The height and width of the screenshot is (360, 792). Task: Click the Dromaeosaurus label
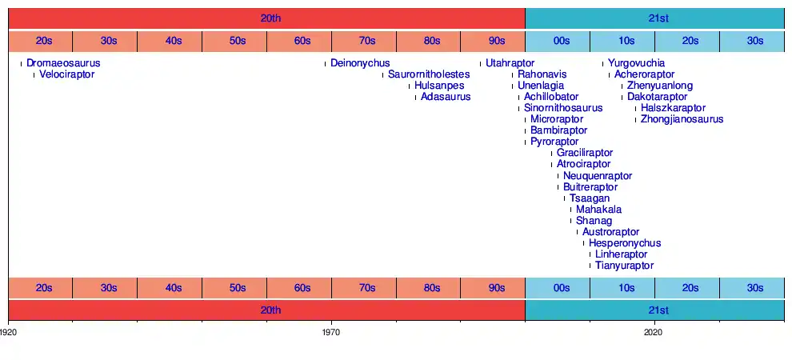(63, 63)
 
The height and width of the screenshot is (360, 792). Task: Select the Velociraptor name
(67, 74)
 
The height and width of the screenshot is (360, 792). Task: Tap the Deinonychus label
(360, 63)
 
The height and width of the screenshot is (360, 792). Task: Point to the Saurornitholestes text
(429, 74)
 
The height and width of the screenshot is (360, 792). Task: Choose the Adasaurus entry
(446, 97)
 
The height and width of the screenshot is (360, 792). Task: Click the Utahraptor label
(510, 63)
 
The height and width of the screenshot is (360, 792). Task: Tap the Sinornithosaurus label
(563, 108)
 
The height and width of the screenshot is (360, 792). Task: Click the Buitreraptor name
(590, 187)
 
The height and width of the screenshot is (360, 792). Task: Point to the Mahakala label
(598, 210)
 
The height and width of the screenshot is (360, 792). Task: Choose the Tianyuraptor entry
(624, 266)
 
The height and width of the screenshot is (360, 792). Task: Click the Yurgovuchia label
(636, 63)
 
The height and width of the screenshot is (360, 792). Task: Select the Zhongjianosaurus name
(682, 119)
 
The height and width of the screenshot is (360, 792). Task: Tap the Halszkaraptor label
(673, 108)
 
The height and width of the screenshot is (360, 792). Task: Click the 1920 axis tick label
(9, 330)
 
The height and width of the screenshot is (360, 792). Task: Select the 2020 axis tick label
(654, 330)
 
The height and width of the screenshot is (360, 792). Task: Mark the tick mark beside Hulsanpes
(409, 86)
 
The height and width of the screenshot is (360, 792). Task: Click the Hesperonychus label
(625, 243)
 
